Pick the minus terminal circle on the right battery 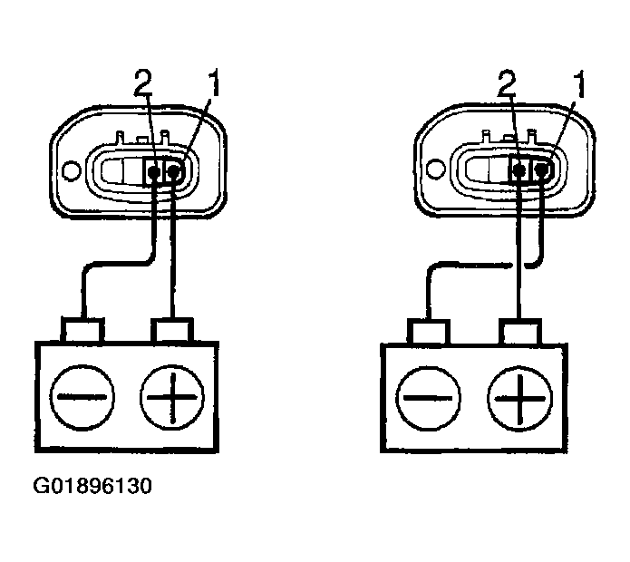(x=429, y=397)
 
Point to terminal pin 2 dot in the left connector (x=156, y=170)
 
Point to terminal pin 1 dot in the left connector (x=173, y=170)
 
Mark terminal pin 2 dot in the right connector (x=520, y=169)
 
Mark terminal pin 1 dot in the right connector (x=541, y=169)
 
